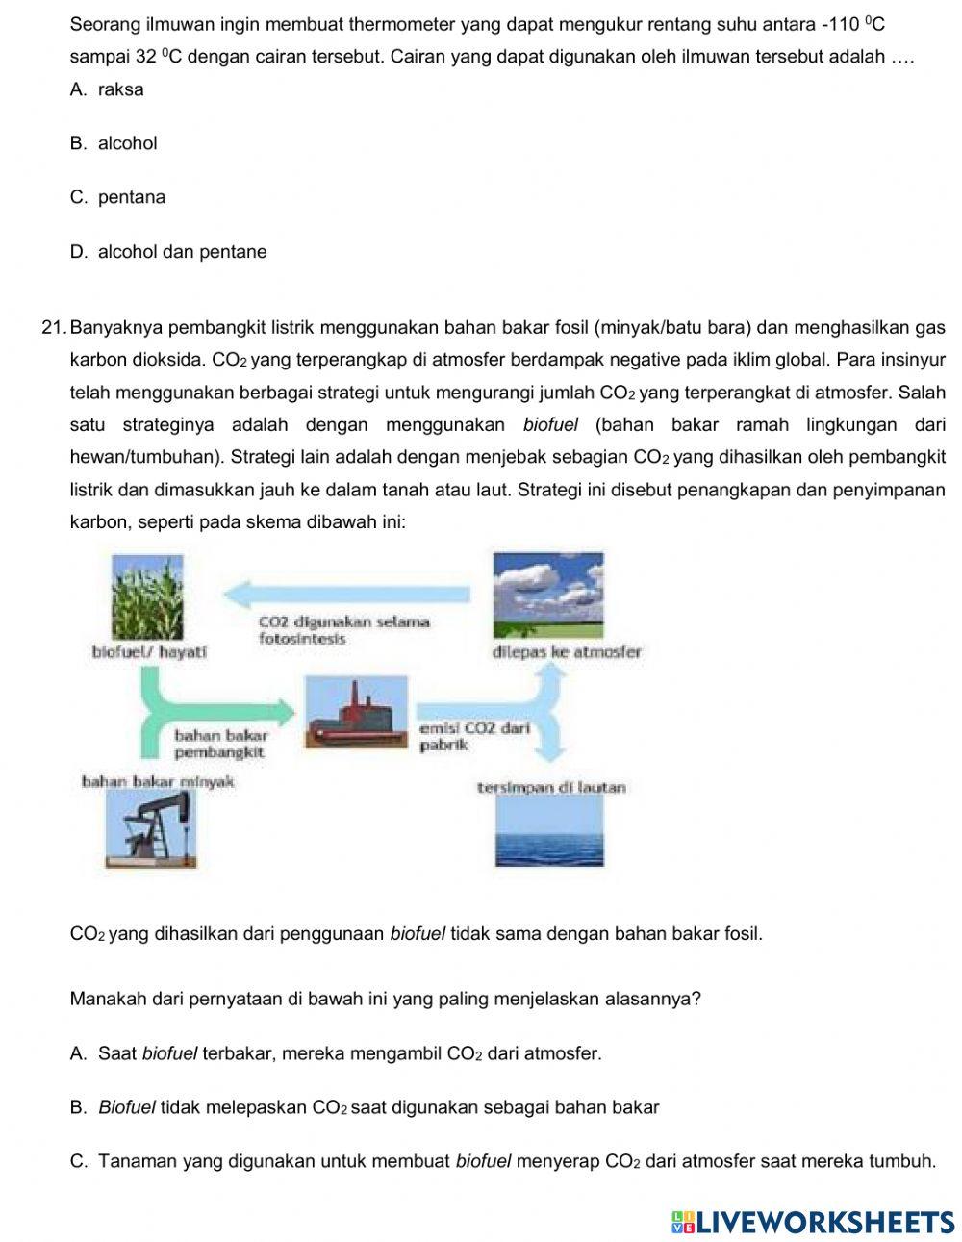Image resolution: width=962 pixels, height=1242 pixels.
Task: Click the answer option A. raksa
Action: click(107, 89)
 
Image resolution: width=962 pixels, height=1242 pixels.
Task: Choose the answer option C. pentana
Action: click(117, 197)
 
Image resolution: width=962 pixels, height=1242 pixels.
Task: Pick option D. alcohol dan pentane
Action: click(168, 252)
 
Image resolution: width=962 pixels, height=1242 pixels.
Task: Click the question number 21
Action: click(54, 328)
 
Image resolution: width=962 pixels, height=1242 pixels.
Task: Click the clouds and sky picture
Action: click(547, 595)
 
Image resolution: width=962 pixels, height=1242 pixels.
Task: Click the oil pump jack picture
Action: click(153, 827)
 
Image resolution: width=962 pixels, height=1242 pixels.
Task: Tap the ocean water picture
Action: click(548, 832)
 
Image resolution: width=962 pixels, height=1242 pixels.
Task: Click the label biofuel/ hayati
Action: click(149, 651)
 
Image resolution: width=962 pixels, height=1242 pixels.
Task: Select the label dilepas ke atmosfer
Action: click(567, 651)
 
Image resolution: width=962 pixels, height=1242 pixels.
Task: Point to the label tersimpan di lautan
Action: click(551, 787)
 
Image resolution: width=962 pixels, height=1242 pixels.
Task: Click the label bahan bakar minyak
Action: click(158, 781)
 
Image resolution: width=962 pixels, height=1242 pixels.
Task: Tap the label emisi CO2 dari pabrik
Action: click(474, 737)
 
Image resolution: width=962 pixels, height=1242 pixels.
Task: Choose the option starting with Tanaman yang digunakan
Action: click(503, 1161)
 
